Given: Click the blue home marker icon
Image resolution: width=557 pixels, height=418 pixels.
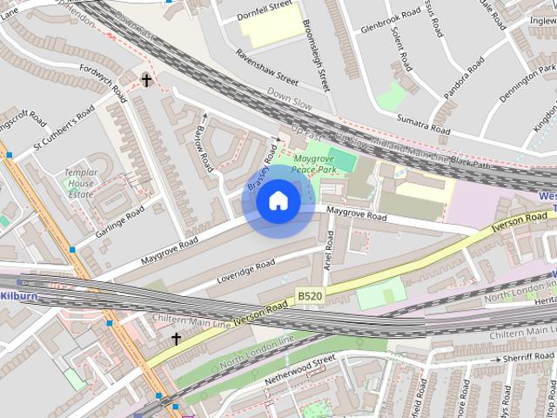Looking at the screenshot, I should tap(278, 202).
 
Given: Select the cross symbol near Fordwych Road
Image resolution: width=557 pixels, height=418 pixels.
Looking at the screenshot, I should tap(146, 81).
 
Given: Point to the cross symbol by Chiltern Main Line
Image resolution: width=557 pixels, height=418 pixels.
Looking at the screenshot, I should tap(176, 338).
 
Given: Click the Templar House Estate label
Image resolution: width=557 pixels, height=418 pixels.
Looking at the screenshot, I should tap(81, 184).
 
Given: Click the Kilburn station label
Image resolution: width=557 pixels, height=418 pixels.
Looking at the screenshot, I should tap(17, 297).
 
